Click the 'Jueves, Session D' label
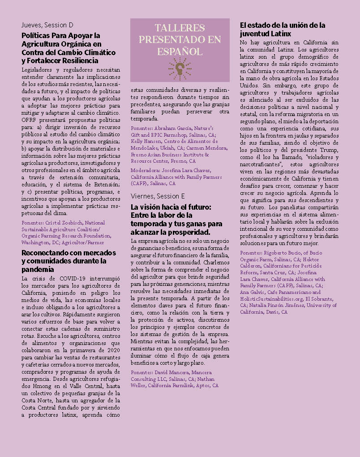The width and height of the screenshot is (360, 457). pyautogui.click(x=47, y=24)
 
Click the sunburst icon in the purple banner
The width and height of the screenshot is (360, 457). pyautogui.click(x=180, y=68)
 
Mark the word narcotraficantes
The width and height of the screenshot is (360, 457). pyautogui.click(x=262, y=164)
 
